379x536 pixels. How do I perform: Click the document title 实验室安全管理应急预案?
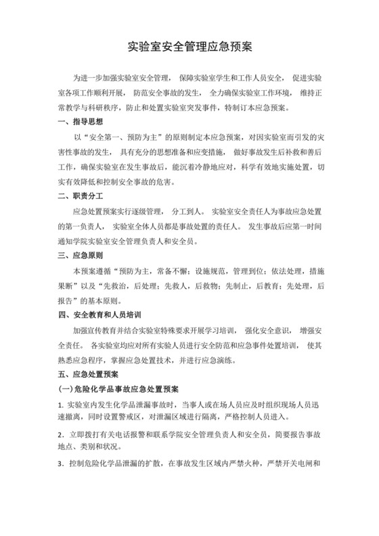pyautogui.click(x=189, y=48)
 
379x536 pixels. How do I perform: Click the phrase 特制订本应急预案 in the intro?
pyautogui.click(x=261, y=107)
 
